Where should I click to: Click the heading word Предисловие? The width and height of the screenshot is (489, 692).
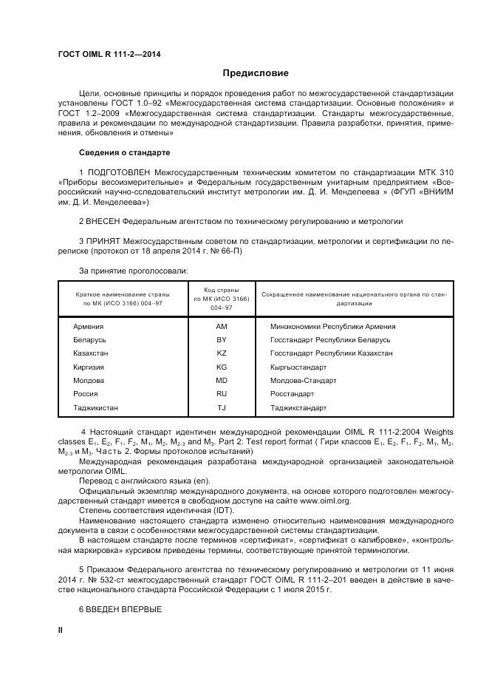point(256,73)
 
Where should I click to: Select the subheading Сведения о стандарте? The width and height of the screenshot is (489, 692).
point(124,152)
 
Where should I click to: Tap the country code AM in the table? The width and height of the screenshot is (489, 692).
point(222,326)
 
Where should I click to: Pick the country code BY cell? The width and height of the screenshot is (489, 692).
point(222,339)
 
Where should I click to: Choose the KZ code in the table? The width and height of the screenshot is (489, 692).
point(222,353)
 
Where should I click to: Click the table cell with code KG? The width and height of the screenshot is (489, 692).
point(222,367)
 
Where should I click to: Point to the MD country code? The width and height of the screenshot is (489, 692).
point(222,380)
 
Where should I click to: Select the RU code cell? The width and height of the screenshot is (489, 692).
point(222,394)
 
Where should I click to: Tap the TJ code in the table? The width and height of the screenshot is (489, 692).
point(222,407)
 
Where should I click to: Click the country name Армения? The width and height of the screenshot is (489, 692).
point(89,326)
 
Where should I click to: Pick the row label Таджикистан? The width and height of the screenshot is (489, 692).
point(96,407)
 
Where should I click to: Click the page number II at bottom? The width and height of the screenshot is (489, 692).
point(61,630)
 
